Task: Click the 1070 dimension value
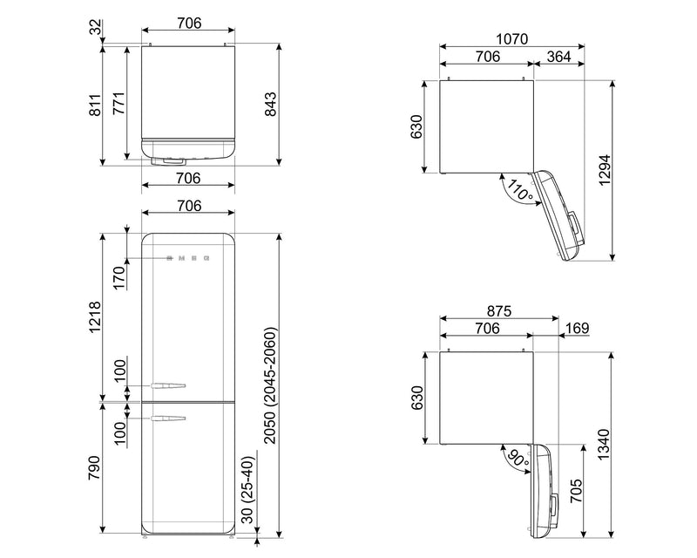(511, 39)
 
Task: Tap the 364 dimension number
(558, 57)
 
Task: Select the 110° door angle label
(519, 190)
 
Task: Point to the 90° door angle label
(518, 459)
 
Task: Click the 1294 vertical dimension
(605, 170)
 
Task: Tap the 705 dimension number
(576, 490)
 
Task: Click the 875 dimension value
(499, 311)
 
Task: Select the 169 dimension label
(577, 329)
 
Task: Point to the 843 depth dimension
(270, 105)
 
